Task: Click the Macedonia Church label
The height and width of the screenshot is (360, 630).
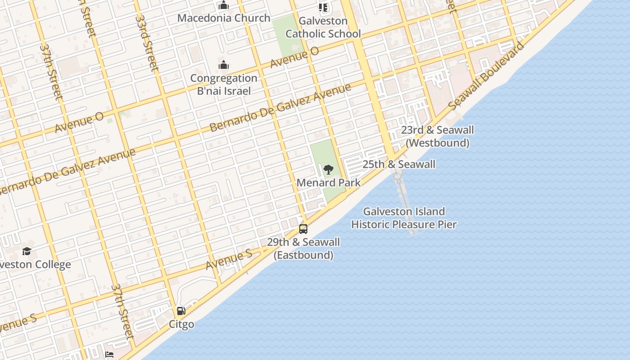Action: click(x=224, y=18)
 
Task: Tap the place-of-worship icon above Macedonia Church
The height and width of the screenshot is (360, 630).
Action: click(x=224, y=6)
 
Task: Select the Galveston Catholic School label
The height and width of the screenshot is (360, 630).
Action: click(x=323, y=27)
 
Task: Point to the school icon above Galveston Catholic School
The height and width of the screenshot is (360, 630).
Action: click(x=323, y=7)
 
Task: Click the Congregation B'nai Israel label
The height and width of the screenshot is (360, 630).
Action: click(x=224, y=84)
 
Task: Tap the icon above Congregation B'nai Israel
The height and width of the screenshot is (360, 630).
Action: click(x=224, y=65)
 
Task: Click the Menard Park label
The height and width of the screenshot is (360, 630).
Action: click(x=328, y=183)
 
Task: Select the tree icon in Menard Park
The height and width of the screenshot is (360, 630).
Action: click(x=328, y=170)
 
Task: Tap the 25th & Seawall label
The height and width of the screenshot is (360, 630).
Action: click(x=399, y=164)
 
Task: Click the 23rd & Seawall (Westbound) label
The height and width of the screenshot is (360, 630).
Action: click(x=437, y=136)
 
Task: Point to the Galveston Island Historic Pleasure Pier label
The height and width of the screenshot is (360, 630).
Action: click(x=404, y=218)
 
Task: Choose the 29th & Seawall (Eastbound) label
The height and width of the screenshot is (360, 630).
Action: click(x=303, y=248)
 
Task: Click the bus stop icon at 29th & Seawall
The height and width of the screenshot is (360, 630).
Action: click(x=303, y=229)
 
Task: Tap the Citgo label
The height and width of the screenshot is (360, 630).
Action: click(x=181, y=324)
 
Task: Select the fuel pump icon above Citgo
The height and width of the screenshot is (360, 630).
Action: click(x=181, y=310)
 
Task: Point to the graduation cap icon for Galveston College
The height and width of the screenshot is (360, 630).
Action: click(x=27, y=251)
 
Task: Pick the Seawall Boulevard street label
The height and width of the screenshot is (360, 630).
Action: click(x=486, y=76)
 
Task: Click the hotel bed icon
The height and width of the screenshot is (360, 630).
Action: click(x=109, y=355)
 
